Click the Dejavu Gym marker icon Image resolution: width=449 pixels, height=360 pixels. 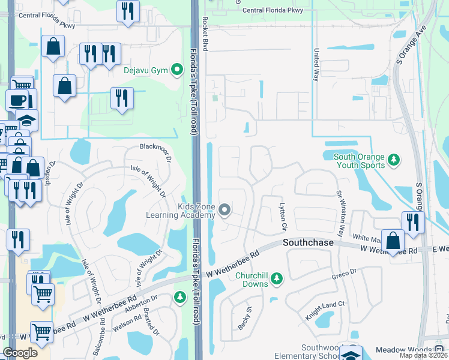click(x=177, y=70)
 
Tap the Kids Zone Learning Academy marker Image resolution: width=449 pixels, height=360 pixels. click(x=224, y=210)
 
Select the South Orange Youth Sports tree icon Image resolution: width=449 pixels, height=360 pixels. click(x=394, y=160)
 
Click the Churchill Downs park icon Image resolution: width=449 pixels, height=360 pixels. click(x=276, y=278)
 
